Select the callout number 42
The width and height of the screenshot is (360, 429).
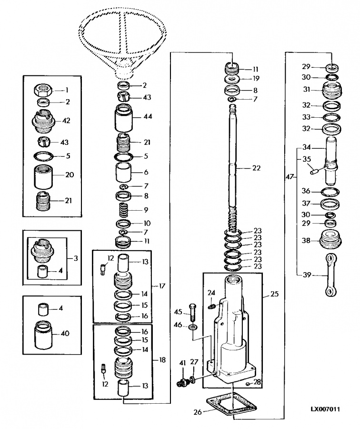coord(66,121)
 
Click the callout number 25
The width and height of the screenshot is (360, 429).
coord(274,294)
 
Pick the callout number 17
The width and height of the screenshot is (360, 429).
coord(161,286)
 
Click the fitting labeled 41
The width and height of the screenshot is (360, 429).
coord(181,382)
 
